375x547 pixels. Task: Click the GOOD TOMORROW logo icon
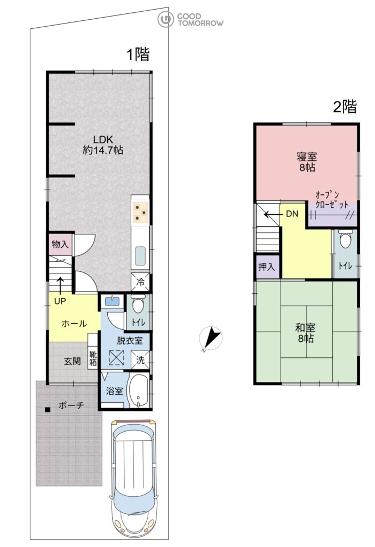pyautogui.click(x=165, y=20)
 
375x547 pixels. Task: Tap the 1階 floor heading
pyautogui.click(x=138, y=54)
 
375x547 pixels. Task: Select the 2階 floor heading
pyautogui.click(x=345, y=106)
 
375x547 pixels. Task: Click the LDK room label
pyautogui.click(x=103, y=139)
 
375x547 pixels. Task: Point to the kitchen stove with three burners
pyautogui.click(x=140, y=212)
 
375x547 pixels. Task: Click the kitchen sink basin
pyautogui.click(x=140, y=256)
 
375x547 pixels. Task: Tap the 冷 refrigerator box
pyautogui.click(x=140, y=282)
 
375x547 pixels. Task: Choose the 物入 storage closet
pyautogui.click(x=60, y=244)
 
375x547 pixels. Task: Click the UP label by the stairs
pyautogui.click(x=60, y=301)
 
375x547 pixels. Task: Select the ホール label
pyautogui.click(x=74, y=323)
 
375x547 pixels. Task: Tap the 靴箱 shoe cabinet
pyautogui.click(x=93, y=355)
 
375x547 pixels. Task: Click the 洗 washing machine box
pyautogui.click(x=140, y=360)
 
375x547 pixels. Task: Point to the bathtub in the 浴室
pyautogui.click(x=138, y=391)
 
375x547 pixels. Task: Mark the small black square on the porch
pyautogui.click(x=47, y=410)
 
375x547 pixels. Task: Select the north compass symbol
pyautogui.click(x=211, y=338)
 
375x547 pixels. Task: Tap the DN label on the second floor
pyautogui.click(x=292, y=214)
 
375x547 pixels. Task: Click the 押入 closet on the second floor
pyautogui.click(x=267, y=267)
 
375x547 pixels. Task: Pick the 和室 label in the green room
pyautogui.click(x=305, y=328)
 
